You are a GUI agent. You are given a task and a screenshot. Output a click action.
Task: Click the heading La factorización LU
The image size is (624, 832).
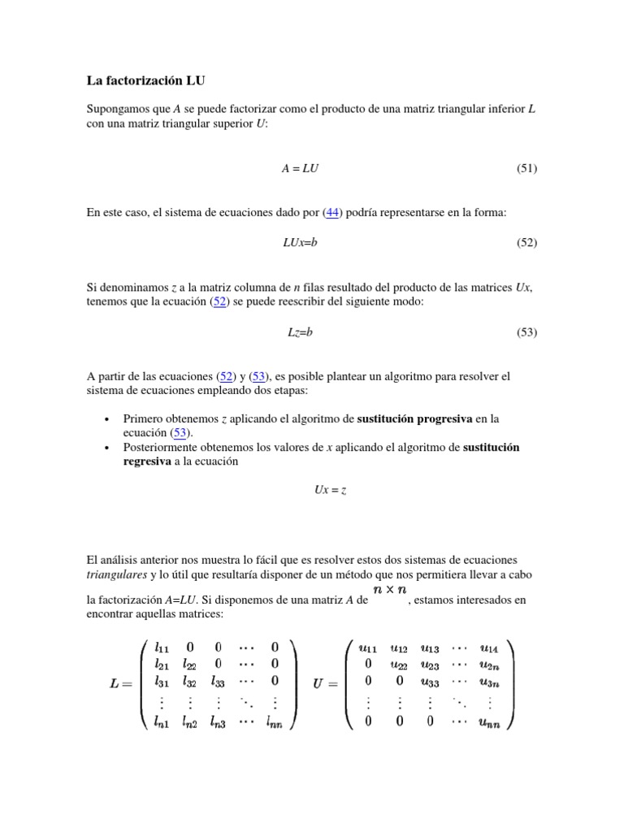[152, 81]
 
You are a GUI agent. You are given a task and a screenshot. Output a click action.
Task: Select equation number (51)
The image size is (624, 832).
[526, 168]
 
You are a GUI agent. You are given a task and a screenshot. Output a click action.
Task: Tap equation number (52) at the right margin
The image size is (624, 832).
[526, 243]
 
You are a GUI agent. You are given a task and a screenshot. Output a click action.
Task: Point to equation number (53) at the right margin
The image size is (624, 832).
[526, 331]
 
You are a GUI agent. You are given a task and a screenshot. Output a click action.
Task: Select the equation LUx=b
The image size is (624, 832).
[297, 243]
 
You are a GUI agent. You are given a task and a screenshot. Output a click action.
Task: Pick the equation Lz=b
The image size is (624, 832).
[300, 331]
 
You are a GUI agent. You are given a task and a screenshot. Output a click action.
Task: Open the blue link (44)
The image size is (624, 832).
[331, 213]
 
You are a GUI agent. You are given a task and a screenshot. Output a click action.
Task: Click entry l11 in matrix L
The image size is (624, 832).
[162, 648]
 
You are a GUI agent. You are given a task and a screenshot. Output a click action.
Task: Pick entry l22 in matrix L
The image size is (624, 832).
[190, 665]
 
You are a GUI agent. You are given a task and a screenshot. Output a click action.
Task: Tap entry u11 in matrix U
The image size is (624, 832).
[369, 648]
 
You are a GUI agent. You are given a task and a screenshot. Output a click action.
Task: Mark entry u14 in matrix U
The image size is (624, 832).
[489, 648]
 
